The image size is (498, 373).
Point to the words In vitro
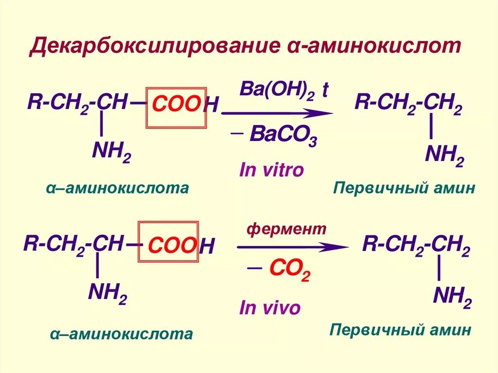271,170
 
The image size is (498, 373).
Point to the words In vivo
270,307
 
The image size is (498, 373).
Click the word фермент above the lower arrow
286,229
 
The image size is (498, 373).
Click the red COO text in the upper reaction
176,104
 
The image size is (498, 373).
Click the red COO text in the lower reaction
172,246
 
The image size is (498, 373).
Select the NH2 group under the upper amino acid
111,152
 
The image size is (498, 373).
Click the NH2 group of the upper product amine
444,156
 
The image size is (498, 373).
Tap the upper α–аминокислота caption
117,188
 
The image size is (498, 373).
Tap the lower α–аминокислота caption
121,334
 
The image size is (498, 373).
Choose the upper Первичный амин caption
403,188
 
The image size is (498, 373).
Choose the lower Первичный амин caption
400,330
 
